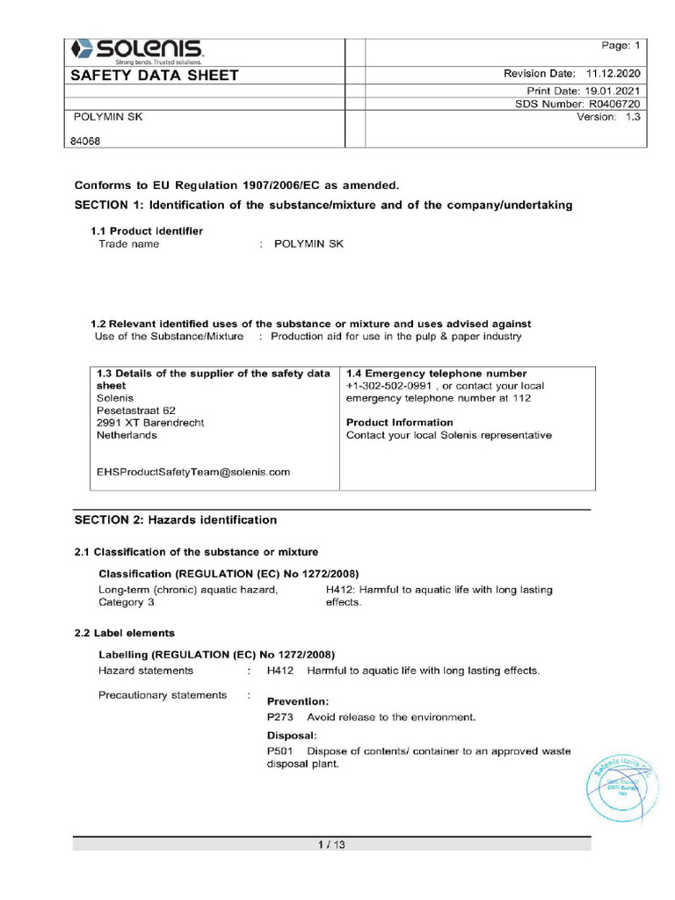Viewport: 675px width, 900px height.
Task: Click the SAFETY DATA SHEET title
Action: click(155, 76)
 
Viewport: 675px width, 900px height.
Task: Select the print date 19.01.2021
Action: click(612, 91)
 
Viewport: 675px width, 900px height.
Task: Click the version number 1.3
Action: click(632, 117)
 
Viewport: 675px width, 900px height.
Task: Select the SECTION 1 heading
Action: click(323, 205)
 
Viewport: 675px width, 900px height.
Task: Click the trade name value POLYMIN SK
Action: click(308, 244)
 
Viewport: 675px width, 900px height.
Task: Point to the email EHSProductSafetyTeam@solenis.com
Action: click(193, 472)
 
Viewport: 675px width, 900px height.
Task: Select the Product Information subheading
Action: click(400, 423)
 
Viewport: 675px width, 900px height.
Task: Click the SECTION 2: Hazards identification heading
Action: click(176, 520)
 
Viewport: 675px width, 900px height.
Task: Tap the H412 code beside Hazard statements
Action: click(279, 671)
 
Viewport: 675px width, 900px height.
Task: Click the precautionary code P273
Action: click(279, 717)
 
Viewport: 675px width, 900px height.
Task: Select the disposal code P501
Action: click(279, 751)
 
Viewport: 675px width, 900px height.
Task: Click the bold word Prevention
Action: click(298, 701)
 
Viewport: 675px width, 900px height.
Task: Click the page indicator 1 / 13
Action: click(331, 846)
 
